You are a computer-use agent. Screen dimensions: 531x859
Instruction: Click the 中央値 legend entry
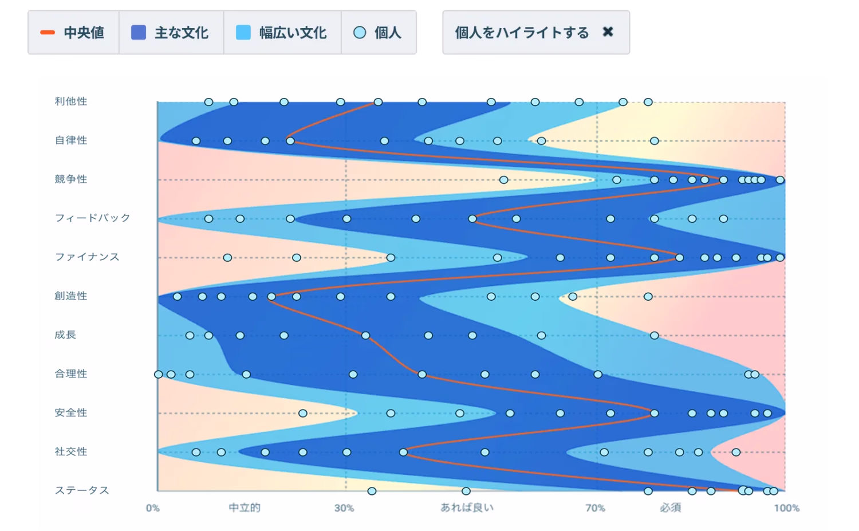pos(73,33)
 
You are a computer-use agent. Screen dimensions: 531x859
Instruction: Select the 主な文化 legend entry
pos(171,33)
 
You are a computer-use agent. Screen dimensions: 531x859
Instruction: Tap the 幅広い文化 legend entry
pos(282,33)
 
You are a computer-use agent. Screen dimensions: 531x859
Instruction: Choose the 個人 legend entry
pos(378,33)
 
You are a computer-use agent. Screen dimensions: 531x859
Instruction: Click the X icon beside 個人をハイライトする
pos(608,32)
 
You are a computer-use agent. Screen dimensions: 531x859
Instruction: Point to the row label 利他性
pos(71,101)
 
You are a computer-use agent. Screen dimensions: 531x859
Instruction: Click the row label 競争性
pos(71,179)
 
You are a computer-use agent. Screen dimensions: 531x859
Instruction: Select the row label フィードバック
pos(92,218)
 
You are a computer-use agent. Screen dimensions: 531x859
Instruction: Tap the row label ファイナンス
pos(87,257)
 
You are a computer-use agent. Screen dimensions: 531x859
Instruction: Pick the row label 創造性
pos(71,296)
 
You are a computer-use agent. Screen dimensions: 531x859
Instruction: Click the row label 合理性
pos(71,374)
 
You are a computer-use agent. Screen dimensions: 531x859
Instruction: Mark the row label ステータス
pos(82,490)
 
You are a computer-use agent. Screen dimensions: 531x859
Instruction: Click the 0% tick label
pos(153,508)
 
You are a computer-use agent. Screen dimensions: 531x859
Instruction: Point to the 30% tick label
pos(344,508)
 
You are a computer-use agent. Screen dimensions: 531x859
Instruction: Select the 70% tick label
pos(596,508)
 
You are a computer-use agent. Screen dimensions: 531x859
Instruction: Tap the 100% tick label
pos(786,508)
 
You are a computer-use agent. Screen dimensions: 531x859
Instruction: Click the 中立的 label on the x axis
pos(245,508)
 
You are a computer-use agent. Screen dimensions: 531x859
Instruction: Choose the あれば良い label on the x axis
pos(467,508)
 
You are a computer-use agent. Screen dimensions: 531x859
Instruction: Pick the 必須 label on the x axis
pos(670,508)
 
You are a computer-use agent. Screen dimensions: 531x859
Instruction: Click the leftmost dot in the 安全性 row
pos(303,413)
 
